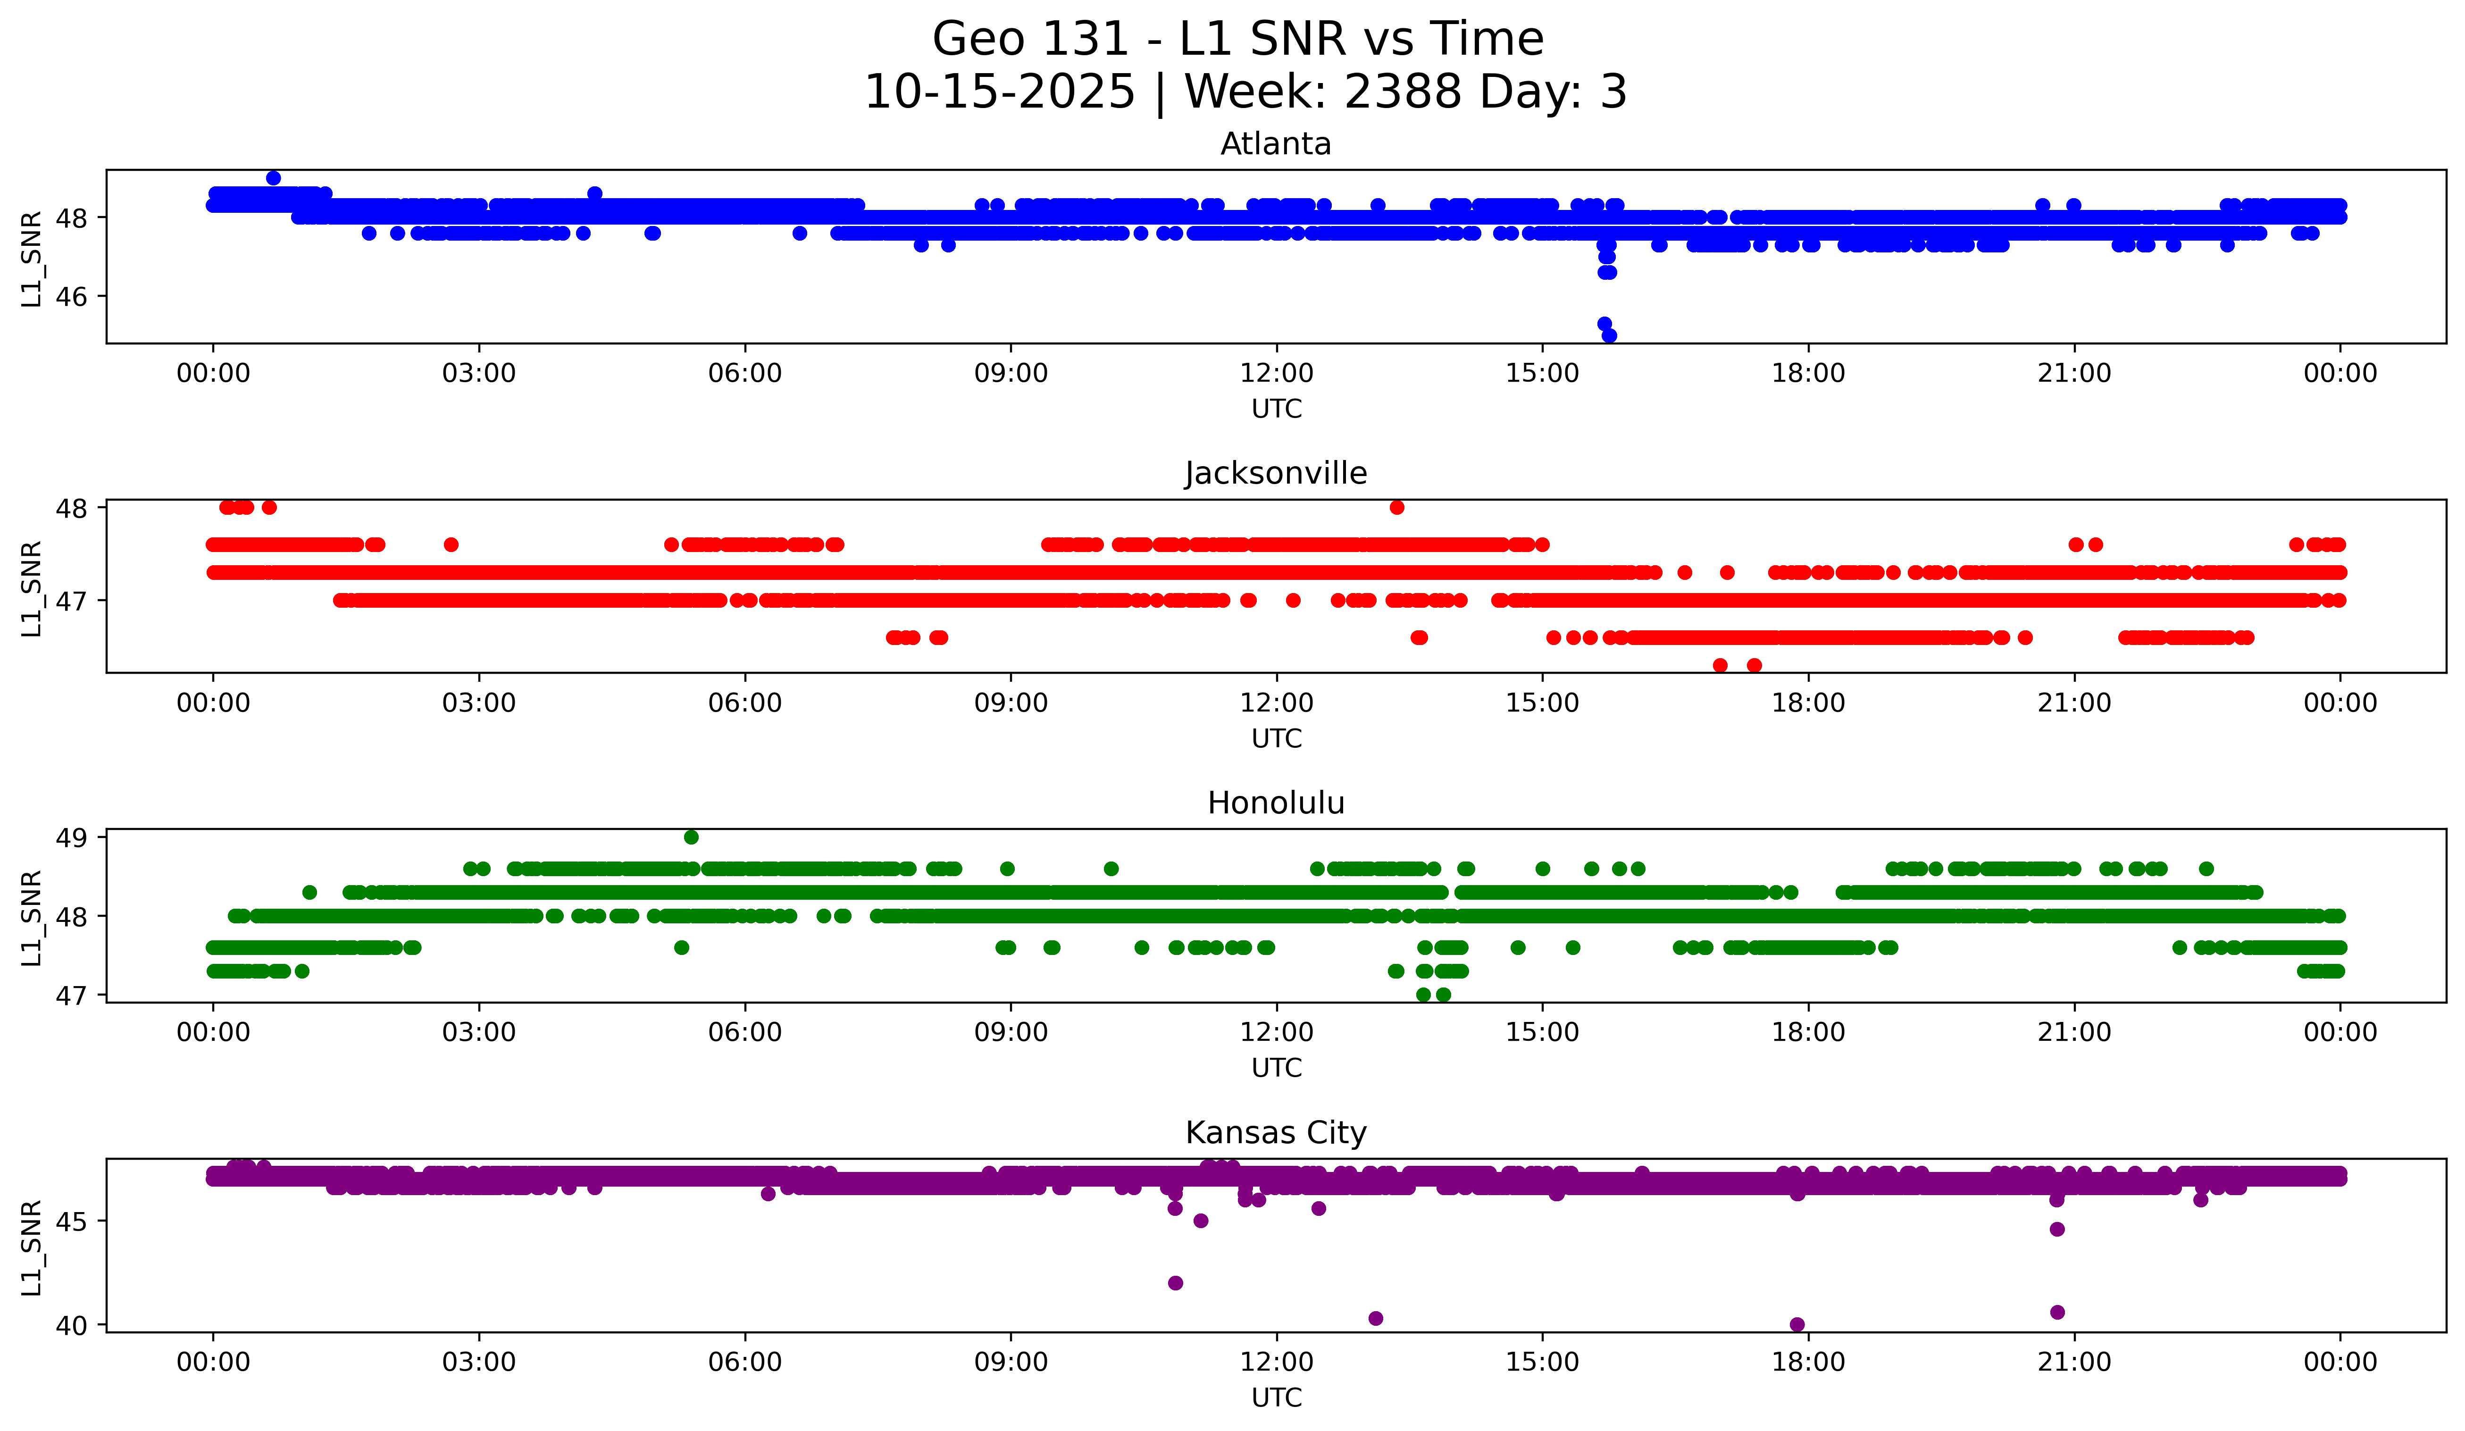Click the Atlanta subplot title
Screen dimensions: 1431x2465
(1276, 144)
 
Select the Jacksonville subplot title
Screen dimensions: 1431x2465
(1276, 473)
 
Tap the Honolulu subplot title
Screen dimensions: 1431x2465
(1276, 803)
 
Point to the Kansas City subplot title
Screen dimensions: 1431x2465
(1276, 1133)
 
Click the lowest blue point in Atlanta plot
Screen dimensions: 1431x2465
(1609, 335)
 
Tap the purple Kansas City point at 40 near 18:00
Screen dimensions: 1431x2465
(1797, 1324)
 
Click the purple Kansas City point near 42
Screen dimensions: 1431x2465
(1176, 1282)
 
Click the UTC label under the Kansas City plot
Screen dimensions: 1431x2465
(1276, 1398)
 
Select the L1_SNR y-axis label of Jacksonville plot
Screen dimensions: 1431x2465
(31, 588)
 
